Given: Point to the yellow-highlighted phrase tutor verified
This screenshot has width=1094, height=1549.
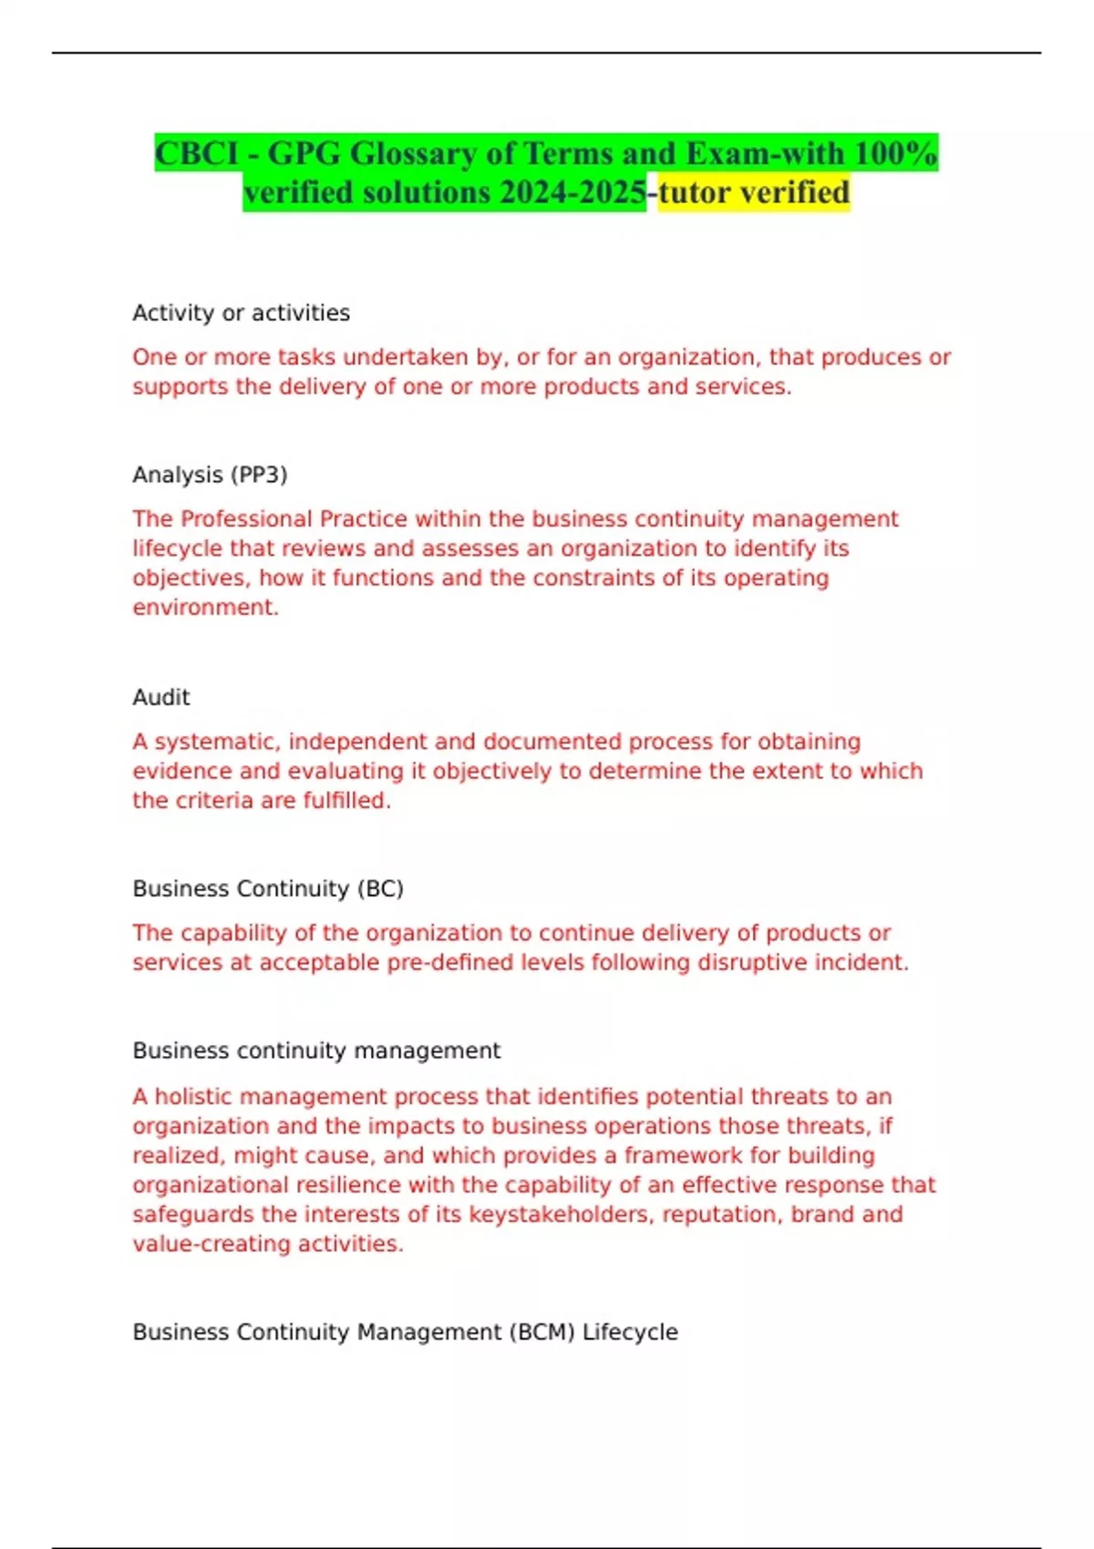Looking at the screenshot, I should (x=754, y=192).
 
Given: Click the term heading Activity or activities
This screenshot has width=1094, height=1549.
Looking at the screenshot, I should (x=241, y=313).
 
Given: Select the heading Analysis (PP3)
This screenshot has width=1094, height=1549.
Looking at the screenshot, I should (x=210, y=475).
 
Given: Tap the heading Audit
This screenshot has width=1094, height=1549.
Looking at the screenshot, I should (x=161, y=697).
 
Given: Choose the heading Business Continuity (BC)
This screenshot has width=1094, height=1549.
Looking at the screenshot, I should (x=268, y=888).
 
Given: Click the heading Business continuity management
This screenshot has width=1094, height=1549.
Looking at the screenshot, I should (x=316, y=1051).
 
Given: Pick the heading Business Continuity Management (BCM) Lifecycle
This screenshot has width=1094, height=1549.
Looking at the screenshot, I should (x=405, y=1332).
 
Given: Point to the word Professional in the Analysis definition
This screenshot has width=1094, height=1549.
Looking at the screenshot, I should (x=247, y=519).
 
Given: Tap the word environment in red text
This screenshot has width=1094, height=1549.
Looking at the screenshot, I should (x=205, y=607).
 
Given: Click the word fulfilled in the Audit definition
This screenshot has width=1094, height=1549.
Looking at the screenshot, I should (x=346, y=800).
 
